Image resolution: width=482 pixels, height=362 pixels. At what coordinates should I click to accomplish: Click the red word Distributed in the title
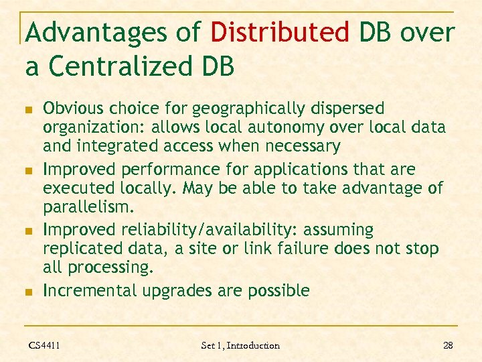(x=280, y=32)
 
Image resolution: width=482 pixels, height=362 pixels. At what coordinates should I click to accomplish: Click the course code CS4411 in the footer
(x=44, y=345)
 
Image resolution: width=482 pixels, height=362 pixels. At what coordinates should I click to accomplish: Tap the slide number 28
(x=448, y=345)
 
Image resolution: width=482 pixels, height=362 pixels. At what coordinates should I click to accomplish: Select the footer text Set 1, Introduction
(x=240, y=345)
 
